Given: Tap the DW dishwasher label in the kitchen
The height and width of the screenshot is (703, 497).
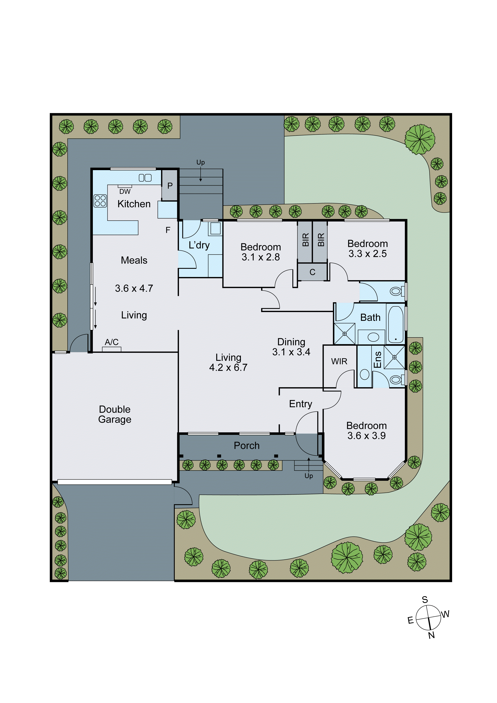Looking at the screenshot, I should tap(125, 192).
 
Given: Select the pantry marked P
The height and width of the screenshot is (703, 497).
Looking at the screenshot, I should tap(170, 186).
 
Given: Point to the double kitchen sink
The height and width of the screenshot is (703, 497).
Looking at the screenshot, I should tap(145, 178).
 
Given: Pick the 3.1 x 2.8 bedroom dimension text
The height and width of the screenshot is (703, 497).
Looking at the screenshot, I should tap(261, 257).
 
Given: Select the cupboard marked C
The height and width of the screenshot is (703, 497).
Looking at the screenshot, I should tap(312, 272).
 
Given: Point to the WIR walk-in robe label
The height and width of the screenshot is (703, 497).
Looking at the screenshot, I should tap(339, 362).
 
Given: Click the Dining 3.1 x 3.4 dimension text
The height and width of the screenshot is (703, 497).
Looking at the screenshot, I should tap(291, 352).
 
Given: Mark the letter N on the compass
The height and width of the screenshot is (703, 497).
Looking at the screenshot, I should tap(431, 635).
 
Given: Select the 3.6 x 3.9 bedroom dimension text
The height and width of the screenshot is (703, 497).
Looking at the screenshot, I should tap(366, 436).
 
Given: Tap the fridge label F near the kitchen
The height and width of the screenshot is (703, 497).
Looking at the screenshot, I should tap(168, 230).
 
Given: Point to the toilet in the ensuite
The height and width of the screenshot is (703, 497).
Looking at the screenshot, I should tap(396, 380).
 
